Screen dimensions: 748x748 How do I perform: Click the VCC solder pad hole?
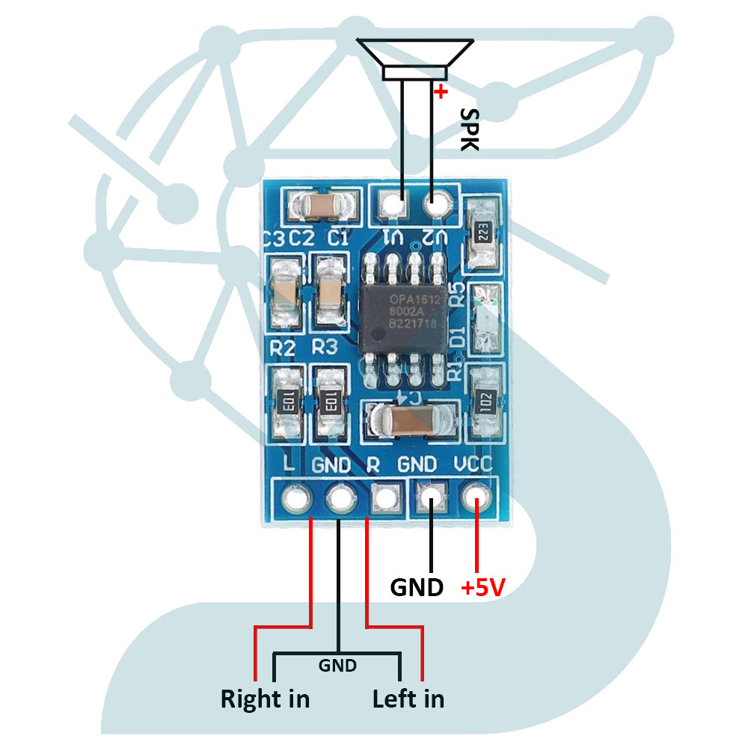(476, 496)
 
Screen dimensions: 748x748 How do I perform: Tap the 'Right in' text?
(265, 699)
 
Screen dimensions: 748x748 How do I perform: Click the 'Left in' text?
(408, 699)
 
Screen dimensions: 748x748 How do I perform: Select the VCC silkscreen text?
(473, 465)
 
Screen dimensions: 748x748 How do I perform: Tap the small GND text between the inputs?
(337, 665)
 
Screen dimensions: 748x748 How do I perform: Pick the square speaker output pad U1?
(392, 202)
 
